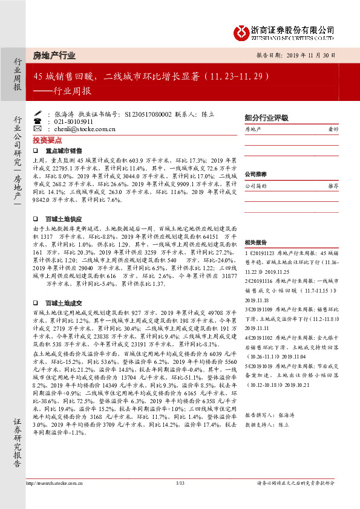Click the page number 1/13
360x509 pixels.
click(179, 482)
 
